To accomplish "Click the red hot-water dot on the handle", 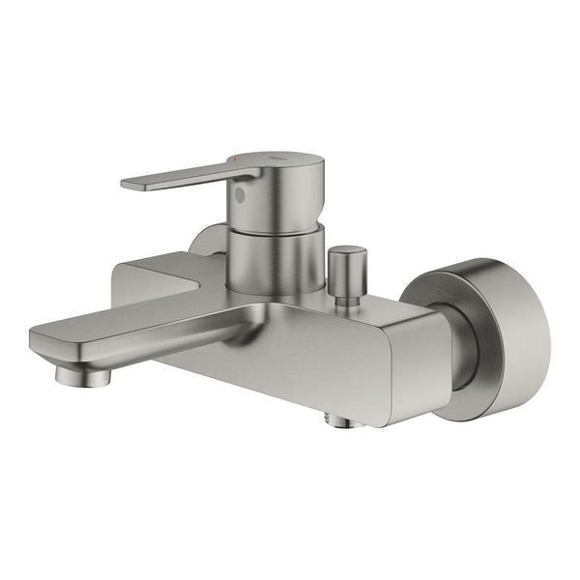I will [232, 158].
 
